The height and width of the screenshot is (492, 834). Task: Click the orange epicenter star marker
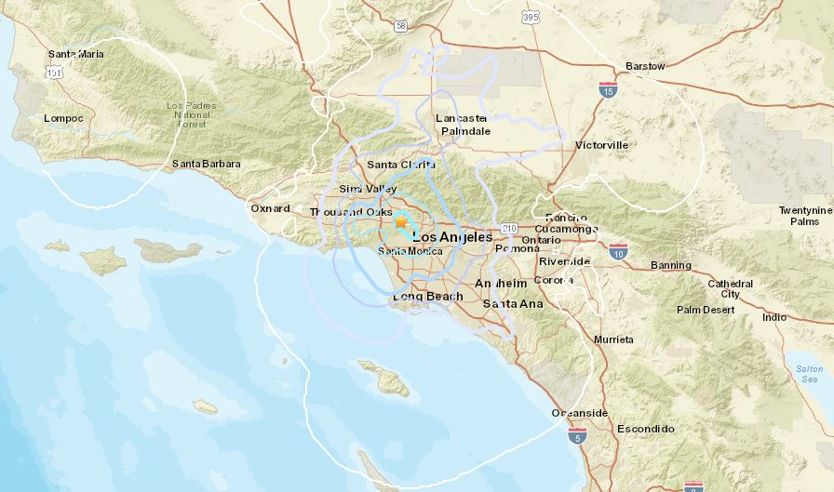tap(401, 221)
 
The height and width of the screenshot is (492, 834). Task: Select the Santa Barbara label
tap(207, 164)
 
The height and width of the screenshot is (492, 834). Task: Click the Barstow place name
tap(646, 66)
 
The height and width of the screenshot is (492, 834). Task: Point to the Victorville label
tap(602, 145)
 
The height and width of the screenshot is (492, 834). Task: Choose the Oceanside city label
tap(580, 412)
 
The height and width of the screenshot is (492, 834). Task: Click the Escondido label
tap(646, 429)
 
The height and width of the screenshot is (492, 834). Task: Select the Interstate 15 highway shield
tap(607, 89)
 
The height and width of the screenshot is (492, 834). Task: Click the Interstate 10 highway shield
tap(618, 250)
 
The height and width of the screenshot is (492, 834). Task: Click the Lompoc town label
tap(63, 118)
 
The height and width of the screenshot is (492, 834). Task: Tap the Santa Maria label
tap(76, 54)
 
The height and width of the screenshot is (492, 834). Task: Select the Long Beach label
tap(427, 297)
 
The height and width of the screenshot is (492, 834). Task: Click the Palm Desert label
tap(706, 310)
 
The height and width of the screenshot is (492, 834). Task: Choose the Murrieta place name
tap(614, 339)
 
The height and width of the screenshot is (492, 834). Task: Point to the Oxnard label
tap(270, 208)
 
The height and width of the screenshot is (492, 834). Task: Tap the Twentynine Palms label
tap(806, 216)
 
